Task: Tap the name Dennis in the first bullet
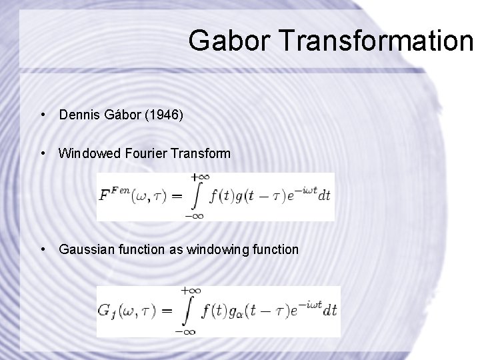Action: click(77, 115)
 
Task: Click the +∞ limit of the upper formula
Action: click(198, 177)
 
